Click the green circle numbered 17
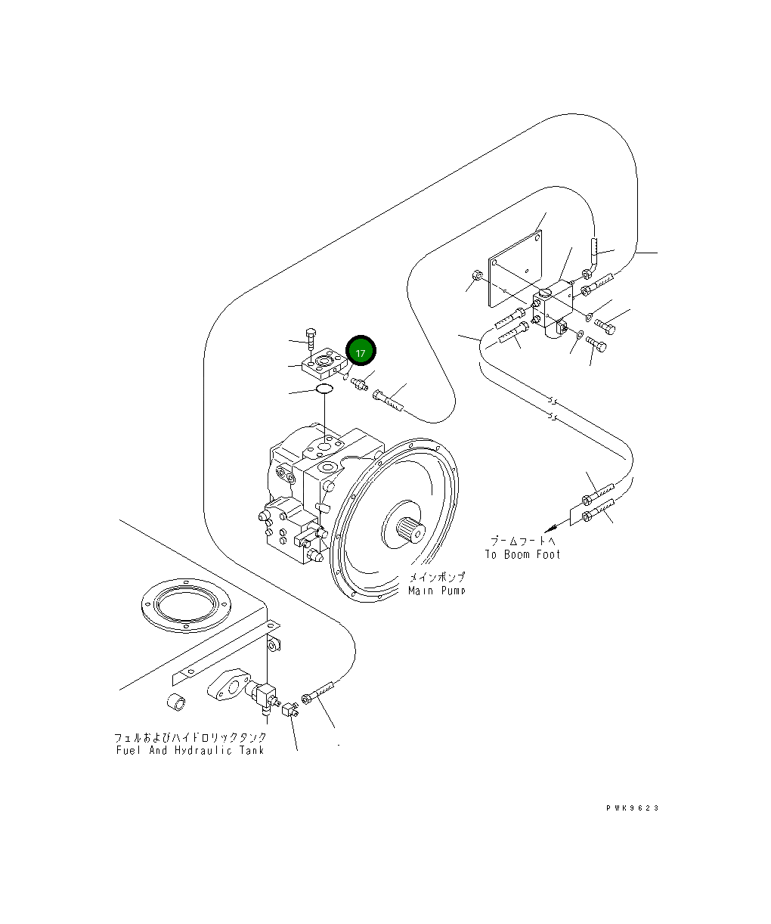pyautogui.click(x=361, y=352)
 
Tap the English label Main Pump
pyautogui.click(x=437, y=591)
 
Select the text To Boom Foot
pyautogui.click(x=522, y=554)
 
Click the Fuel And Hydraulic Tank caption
pyautogui.click(x=190, y=750)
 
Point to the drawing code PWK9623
pyautogui.click(x=632, y=808)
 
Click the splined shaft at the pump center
pyautogui.click(x=412, y=529)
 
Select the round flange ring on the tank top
pyautogui.click(x=184, y=603)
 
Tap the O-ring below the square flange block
pyautogui.click(x=324, y=389)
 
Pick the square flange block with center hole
pyautogui.click(x=324, y=363)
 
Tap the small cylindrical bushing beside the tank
pyautogui.click(x=177, y=701)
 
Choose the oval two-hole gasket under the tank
pyautogui.click(x=231, y=685)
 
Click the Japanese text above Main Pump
pyautogui.click(x=437, y=577)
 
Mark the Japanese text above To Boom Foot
pyautogui.click(x=522, y=541)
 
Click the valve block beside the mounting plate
pyautogui.click(x=556, y=306)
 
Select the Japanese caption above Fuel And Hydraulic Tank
pyautogui.click(x=190, y=736)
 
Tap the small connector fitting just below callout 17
pyautogui.click(x=359, y=383)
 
